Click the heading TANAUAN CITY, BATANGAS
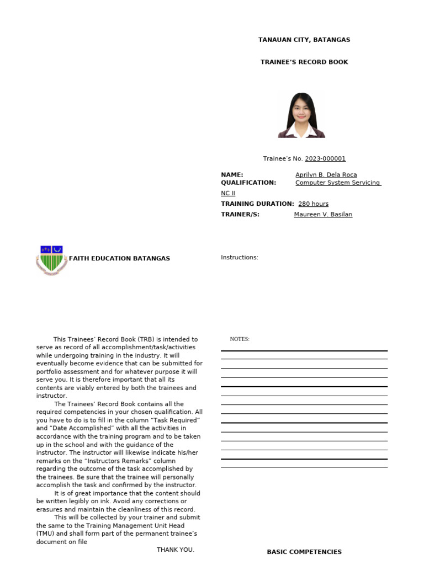[x=304, y=40]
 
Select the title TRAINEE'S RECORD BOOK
[x=304, y=62]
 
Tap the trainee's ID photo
[x=301, y=115]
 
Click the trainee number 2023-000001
[x=325, y=159]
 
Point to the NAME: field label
[x=232, y=175]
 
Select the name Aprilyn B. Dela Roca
[x=326, y=175]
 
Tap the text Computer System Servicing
[x=337, y=183]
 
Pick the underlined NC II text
[x=228, y=194]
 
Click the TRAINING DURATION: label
[x=257, y=204]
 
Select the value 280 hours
[x=313, y=204]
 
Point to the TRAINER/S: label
[x=240, y=215]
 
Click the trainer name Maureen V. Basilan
[x=323, y=215]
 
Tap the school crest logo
[x=51, y=260]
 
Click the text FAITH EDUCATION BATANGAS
[x=119, y=258]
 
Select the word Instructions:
[x=240, y=258]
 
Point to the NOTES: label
[x=240, y=339]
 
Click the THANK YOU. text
[x=176, y=550]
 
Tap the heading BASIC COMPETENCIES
[x=304, y=552]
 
